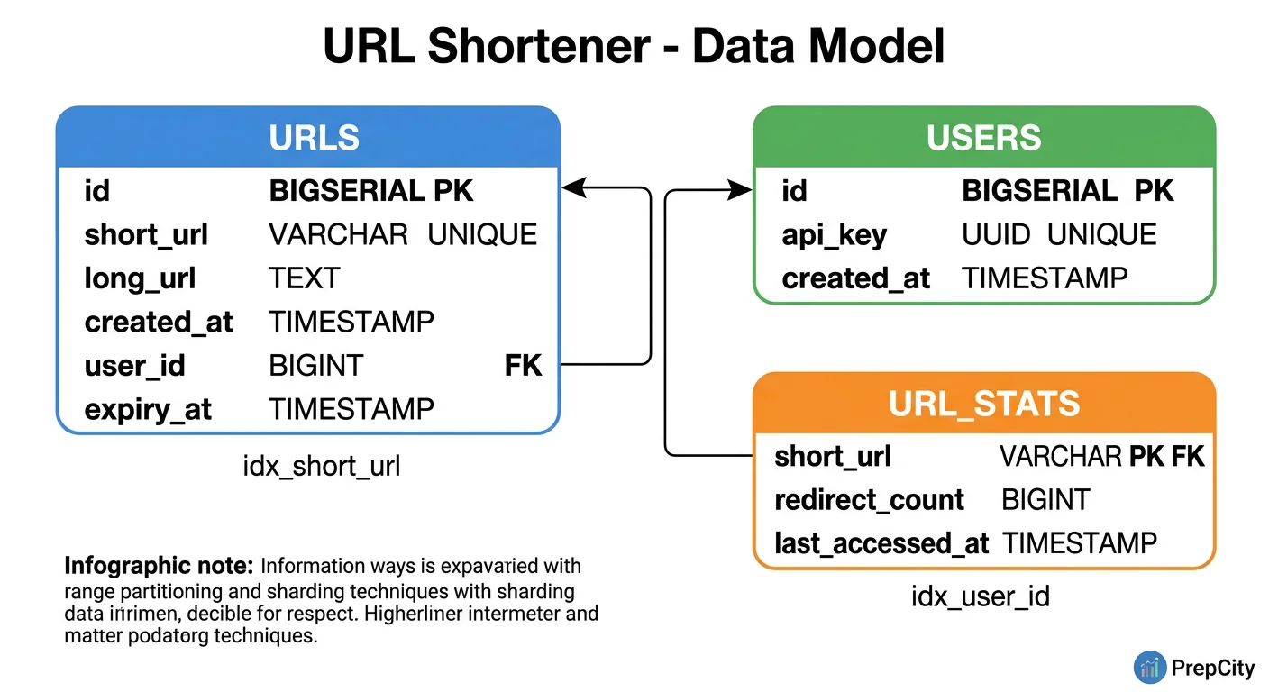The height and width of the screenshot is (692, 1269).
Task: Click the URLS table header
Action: [314, 138]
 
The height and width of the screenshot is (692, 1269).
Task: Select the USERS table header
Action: [983, 138]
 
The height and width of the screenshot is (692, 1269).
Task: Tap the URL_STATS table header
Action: [983, 404]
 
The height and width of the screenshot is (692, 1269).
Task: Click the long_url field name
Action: [140, 278]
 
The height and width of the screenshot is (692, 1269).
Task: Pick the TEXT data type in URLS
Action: [304, 278]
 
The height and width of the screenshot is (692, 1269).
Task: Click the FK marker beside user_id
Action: [523, 366]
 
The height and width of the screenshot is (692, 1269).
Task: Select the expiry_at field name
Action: [148, 410]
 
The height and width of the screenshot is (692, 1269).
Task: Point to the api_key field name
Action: [834, 235]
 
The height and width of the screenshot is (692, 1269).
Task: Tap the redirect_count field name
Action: [869, 500]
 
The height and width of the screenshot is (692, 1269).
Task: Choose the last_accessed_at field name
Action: [881, 543]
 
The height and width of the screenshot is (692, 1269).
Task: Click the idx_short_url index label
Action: [322, 466]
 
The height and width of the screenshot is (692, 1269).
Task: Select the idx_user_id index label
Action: [981, 596]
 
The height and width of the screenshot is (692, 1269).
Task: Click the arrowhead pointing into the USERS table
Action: [741, 190]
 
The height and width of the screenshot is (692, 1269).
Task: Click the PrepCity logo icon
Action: [1150, 668]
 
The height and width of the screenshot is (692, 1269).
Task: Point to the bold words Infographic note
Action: [159, 567]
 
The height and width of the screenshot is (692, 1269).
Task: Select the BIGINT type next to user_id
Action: [315, 366]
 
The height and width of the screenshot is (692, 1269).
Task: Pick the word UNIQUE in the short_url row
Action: [482, 235]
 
